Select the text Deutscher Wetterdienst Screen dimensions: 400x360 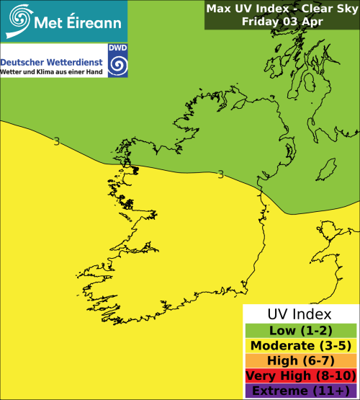click(53, 62)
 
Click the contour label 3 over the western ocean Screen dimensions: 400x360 click(56, 141)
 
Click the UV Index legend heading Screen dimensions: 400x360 click(300, 314)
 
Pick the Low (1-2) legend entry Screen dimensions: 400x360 click(300, 330)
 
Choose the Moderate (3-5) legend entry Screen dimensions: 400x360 click(300, 345)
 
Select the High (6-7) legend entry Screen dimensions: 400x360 click(300, 360)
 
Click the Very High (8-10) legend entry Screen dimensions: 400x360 click(300, 375)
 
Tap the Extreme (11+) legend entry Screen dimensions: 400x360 click(300, 391)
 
